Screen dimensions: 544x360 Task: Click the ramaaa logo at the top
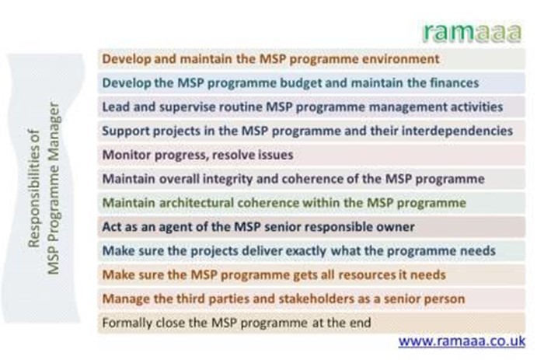click(x=473, y=33)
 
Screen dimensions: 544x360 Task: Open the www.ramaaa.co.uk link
click(x=462, y=341)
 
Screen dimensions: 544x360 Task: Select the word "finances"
click(x=455, y=83)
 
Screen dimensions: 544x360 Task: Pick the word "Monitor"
click(x=126, y=155)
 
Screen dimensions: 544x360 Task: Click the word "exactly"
click(x=305, y=251)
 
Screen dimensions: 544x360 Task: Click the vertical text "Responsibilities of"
click(x=34, y=189)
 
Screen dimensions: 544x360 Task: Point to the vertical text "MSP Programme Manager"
click(x=54, y=188)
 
